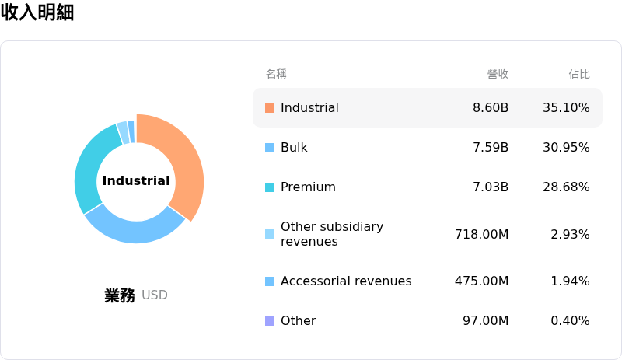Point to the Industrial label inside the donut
136,180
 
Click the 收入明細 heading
37,12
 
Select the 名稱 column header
276,74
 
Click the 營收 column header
498,74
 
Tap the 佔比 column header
579,74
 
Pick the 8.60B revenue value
491,107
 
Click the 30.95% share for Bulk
566,147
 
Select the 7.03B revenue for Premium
491,187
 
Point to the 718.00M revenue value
481,234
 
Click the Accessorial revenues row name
346,281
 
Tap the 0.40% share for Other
570,320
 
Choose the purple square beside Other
270,320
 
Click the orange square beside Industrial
270,108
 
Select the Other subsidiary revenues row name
332,234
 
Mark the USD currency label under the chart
155,295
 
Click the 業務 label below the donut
120,295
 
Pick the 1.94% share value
570,281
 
